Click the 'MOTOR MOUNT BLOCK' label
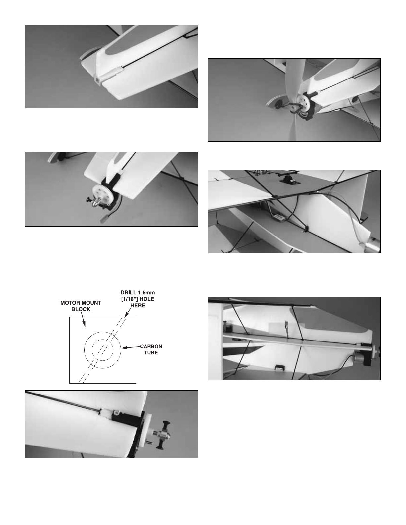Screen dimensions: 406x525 point(81,306)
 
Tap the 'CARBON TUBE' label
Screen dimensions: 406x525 point(151,349)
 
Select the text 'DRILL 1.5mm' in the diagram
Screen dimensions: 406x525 point(138,292)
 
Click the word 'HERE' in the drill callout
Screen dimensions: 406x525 point(138,306)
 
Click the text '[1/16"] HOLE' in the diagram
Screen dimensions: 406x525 point(138,299)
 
